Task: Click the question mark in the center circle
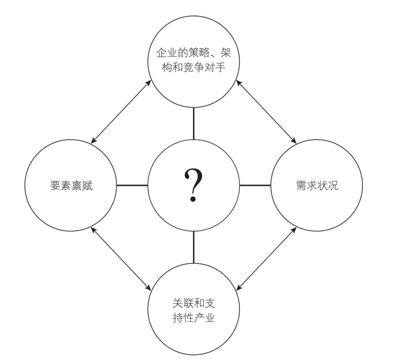point(193,184)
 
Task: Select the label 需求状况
point(317,186)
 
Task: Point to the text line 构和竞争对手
point(194,69)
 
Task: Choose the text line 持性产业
point(194,318)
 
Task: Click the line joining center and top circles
point(193,124)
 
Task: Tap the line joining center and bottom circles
point(193,246)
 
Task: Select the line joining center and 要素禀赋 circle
point(133,185)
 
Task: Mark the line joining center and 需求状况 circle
point(255,185)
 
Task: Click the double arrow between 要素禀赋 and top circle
point(121,110)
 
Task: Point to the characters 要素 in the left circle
point(60,186)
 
